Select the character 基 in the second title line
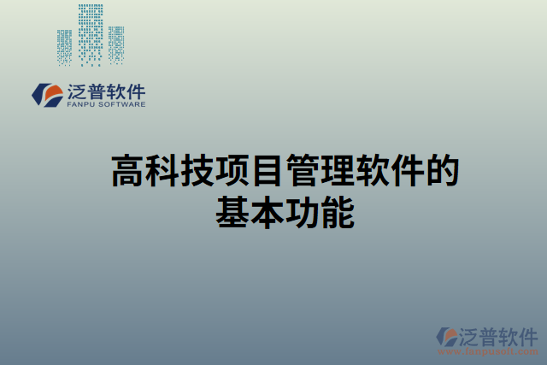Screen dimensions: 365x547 point(231,212)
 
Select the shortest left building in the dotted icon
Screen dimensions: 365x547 point(65,48)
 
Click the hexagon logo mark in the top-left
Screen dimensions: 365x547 point(45,93)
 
